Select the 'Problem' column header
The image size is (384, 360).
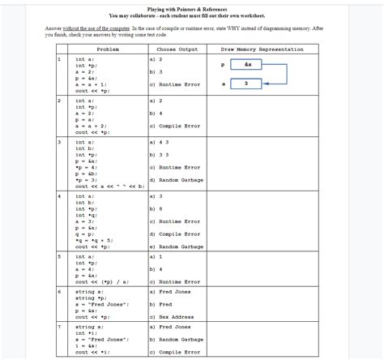point(109,50)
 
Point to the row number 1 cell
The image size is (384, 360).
point(59,59)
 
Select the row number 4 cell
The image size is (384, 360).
point(59,196)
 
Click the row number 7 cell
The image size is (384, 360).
point(59,326)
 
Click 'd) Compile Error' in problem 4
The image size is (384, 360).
point(174,234)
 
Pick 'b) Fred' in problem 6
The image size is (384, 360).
point(163,303)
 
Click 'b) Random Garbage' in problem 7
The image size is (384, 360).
point(176,340)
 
